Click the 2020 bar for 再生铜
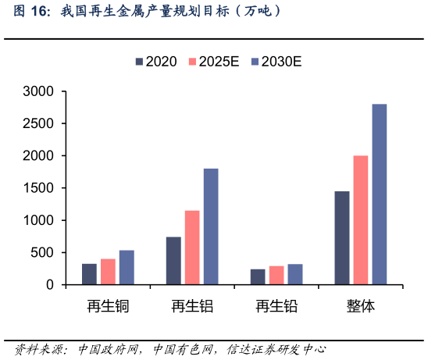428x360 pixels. pos(89,274)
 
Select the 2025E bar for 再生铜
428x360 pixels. pos(108,272)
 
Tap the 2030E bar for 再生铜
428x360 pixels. pos(127,268)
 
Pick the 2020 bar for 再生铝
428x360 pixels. pos(173,261)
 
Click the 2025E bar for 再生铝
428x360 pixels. pos(192,248)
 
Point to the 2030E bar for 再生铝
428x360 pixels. pos(211,226)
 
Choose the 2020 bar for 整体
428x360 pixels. pos(342,238)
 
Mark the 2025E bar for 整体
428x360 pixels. pos(361,220)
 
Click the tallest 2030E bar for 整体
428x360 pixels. pos(380,194)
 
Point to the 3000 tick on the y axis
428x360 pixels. pos(38,91)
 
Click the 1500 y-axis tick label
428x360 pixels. pos(38,188)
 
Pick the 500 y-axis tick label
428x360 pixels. pos(41,253)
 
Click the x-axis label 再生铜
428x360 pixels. pos(108,306)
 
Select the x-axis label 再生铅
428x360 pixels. pos(276,306)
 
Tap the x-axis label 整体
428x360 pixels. pos(361,306)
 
